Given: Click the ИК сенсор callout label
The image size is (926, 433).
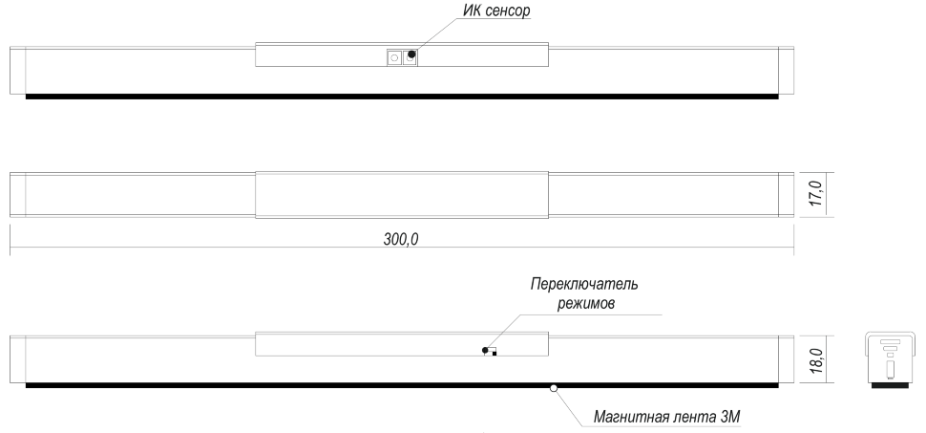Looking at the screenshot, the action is (496, 11).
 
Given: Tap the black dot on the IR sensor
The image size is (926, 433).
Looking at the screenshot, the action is (411, 54).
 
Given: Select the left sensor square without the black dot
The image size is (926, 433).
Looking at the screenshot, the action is (394, 58).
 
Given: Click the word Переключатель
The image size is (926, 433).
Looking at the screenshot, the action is (584, 284).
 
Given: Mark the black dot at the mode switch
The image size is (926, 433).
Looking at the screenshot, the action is (485, 350).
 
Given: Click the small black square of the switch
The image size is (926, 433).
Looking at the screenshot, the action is (495, 354).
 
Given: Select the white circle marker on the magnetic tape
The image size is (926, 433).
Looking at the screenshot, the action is (554, 388).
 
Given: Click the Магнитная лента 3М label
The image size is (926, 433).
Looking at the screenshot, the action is (666, 418).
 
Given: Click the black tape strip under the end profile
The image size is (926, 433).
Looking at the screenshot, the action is (889, 385).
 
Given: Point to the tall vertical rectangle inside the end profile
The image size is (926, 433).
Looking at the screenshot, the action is (890, 371).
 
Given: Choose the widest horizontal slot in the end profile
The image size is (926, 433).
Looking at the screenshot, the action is (890, 341).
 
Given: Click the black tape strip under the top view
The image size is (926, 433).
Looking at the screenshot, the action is (402, 97).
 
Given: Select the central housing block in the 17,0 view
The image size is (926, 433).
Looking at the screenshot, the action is (402, 195).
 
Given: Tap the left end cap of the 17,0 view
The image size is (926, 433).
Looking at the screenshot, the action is (18, 195).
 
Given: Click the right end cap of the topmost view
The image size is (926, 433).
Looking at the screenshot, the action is (786, 71).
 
